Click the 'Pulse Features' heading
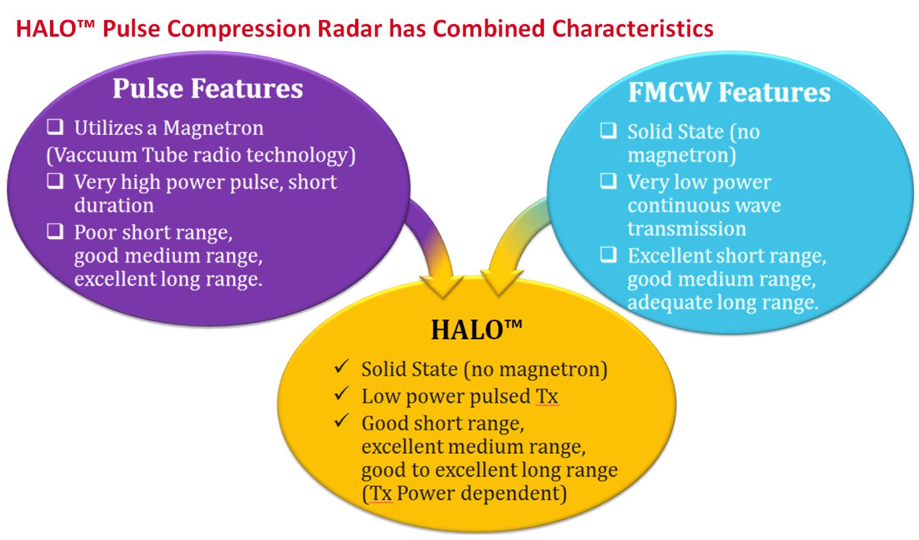pos(208,88)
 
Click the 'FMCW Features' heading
pos(729,91)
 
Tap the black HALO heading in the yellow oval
pos(477,330)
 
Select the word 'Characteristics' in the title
pos(633,28)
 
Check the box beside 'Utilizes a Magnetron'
pos(55,127)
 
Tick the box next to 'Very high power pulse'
pos(55,181)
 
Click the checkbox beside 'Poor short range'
pos(55,231)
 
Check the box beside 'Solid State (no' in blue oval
pos(608,130)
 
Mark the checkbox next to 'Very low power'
pos(608,180)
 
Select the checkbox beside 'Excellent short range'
pos(608,254)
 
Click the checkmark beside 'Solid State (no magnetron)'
pos(341,366)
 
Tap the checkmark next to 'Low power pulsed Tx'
pos(341,394)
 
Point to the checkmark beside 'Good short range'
pos(341,421)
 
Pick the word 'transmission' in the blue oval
pos(687,228)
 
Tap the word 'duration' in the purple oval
pos(114,205)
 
